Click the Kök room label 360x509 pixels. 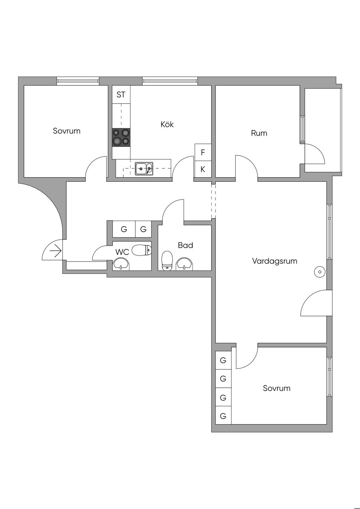pyautogui.click(x=167, y=124)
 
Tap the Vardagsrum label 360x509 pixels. pyautogui.click(x=275, y=261)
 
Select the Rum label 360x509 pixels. pyautogui.click(x=259, y=133)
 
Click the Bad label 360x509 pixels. pyautogui.click(x=186, y=245)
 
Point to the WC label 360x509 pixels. pyautogui.click(x=122, y=252)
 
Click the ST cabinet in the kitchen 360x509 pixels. pyautogui.click(x=121, y=95)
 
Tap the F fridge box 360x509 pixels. pyautogui.click(x=203, y=152)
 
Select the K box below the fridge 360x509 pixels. pyautogui.click(x=203, y=169)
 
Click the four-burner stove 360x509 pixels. pyautogui.click(x=121, y=137)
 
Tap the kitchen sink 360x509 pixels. pyautogui.click(x=144, y=169)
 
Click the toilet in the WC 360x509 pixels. pyautogui.click(x=141, y=250)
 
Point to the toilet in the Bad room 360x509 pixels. pyautogui.click(x=167, y=260)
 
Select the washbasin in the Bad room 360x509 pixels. pyautogui.click(x=185, y=264)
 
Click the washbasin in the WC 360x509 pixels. pyautogui.click(x=121, y=264)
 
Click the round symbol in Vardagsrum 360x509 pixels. pyautogui.click(x=320, y=272)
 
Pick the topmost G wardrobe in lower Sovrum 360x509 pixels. pyautogui.click(x=223, y=360)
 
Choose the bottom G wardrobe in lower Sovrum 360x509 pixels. pyautogui.click(x=223, y=416)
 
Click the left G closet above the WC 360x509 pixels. pyautogui.click(x=124, y=229)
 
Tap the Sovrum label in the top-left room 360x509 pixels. pyautogui.click(x=66, y=131)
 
